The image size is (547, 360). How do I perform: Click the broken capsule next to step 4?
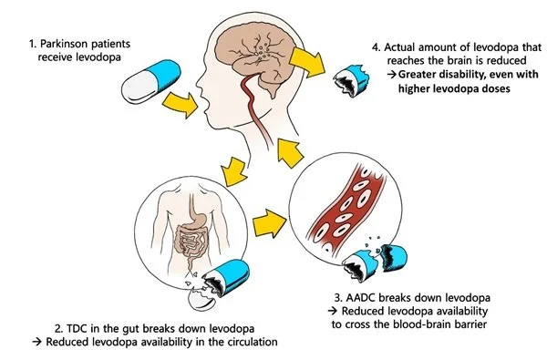click(350, 79)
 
